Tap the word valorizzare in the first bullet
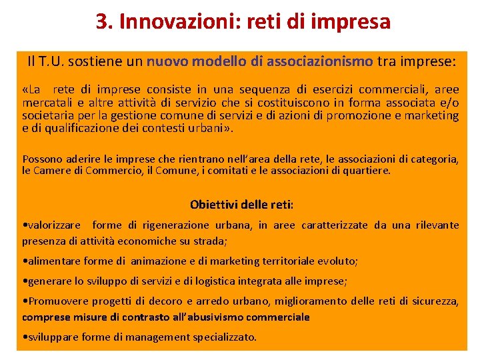point(54,225)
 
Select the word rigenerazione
point(175,225)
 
